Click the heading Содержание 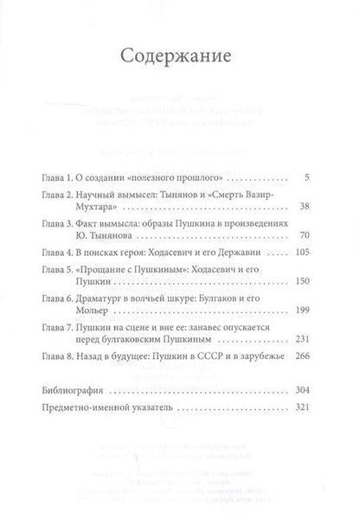(x=180, y=59)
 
